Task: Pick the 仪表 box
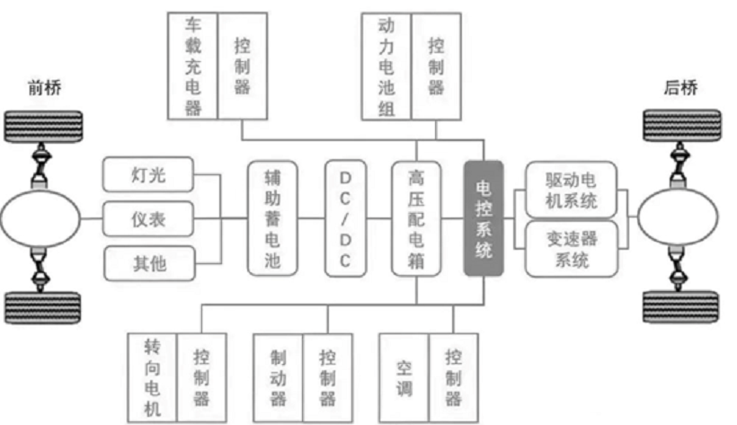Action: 148,217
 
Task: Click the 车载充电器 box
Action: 192,65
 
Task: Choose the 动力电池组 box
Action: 386,65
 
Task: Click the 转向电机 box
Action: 154,375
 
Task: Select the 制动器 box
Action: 279,375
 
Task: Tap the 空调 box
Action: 404,375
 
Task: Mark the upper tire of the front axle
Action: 43,128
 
